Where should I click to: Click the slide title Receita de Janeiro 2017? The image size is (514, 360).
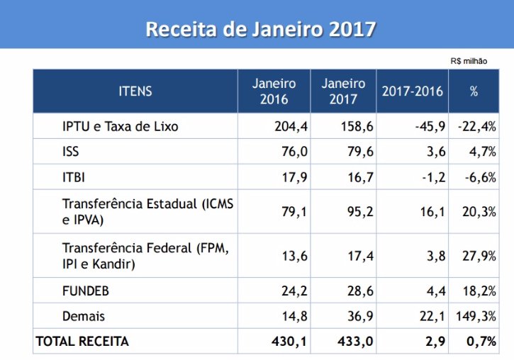pos(260,29)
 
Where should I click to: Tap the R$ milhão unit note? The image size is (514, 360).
pos(469,61)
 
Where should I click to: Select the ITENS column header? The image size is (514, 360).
pos(135,91)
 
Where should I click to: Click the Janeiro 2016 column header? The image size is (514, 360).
pos(274,91)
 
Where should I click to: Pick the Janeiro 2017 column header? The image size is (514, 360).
pos(343,91)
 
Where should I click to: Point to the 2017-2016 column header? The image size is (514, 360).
pos(413,91)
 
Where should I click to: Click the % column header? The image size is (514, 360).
pos(474,91)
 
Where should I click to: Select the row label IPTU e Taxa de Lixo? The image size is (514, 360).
pos(120,128)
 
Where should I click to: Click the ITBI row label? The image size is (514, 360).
pos(74,176)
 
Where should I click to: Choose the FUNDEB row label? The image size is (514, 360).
pos(86,291)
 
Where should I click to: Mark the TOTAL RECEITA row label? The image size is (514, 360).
pos(82,342)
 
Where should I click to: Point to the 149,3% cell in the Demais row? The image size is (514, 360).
pos(475,316)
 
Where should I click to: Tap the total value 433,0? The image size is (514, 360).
pos(359,342)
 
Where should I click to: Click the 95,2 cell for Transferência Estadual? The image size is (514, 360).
pos(360,211)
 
